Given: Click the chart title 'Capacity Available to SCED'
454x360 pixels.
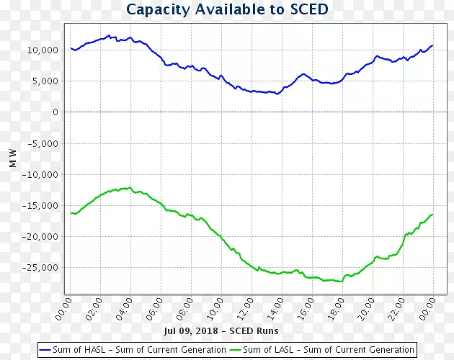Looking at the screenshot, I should tap(227, 9).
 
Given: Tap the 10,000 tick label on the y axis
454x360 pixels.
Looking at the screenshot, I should tap(43, 50).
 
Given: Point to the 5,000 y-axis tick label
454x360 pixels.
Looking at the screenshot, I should tap(46, 81).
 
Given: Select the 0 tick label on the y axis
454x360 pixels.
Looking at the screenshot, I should tap(55, 112).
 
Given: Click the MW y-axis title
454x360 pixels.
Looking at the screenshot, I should tap(13, 158).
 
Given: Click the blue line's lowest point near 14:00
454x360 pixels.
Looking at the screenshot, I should tap(277, 94).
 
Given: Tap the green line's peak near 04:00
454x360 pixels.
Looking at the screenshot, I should tap(129, 187).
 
